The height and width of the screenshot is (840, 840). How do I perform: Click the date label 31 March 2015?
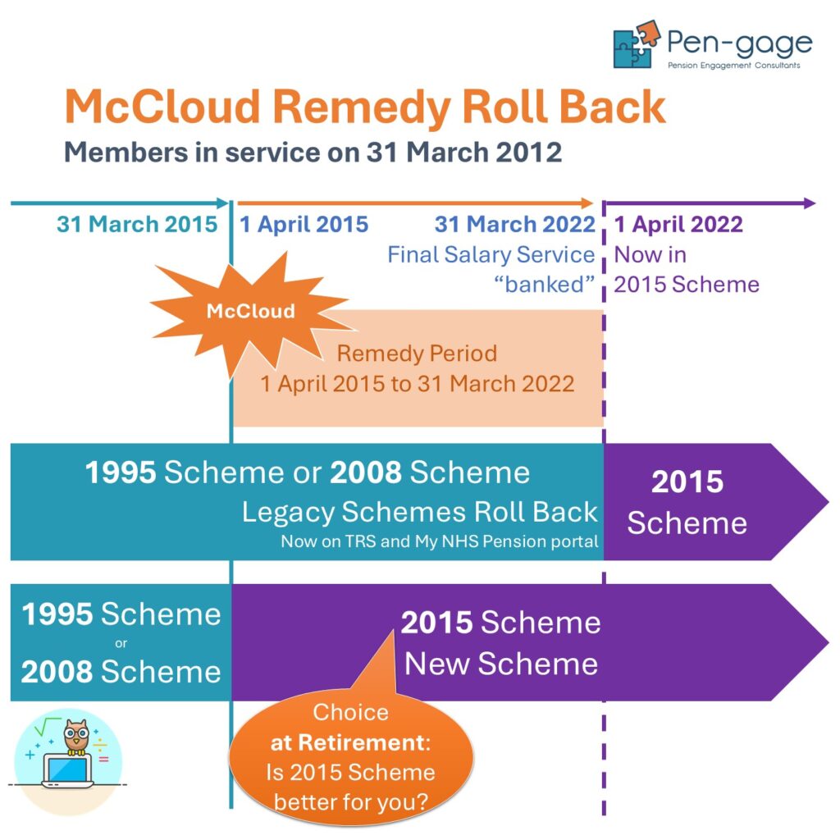point(137,224)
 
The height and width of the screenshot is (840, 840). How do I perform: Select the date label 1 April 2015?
point(304,224)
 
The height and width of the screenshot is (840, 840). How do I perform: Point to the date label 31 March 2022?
point(515,224)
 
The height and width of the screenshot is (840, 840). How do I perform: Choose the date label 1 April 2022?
point(678,224)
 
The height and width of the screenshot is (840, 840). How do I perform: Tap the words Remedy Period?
point(417,354)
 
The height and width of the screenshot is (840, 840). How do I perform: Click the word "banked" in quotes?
point(545,285)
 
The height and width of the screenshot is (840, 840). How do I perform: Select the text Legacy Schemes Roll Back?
point(419,512)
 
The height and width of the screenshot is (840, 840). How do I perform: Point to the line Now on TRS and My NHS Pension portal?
point(440,541)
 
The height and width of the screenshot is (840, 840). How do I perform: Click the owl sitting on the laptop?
point(76,737)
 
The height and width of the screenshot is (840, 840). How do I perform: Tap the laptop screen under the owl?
point(67,769)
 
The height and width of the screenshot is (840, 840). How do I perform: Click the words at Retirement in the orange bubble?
point(350,743)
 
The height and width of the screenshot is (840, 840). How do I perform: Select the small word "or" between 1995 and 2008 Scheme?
point(121,643)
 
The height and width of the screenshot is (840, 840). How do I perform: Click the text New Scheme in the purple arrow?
point(501,664)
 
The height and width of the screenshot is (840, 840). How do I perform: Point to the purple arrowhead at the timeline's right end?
point(810,203)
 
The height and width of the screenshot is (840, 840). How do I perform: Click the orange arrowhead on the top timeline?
point(587,203)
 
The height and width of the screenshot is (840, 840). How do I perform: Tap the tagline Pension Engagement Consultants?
point(733,66)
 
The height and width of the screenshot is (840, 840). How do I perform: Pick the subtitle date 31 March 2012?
point(464,152)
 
